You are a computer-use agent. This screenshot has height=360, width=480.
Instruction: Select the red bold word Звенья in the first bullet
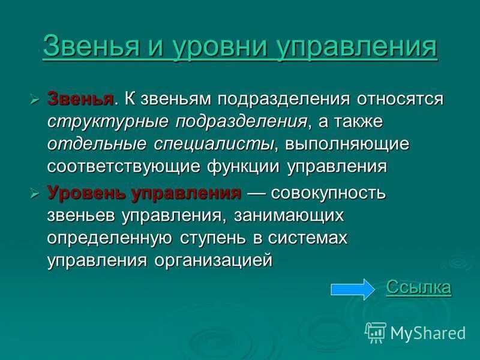80,98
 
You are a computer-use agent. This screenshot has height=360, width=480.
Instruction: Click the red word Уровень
88,193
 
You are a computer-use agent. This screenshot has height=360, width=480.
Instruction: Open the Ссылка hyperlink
418,287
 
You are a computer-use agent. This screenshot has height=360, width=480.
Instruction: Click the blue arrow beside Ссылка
352,289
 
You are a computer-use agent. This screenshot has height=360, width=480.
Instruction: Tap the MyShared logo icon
375,332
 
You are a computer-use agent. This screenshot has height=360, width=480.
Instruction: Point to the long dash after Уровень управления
256,193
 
